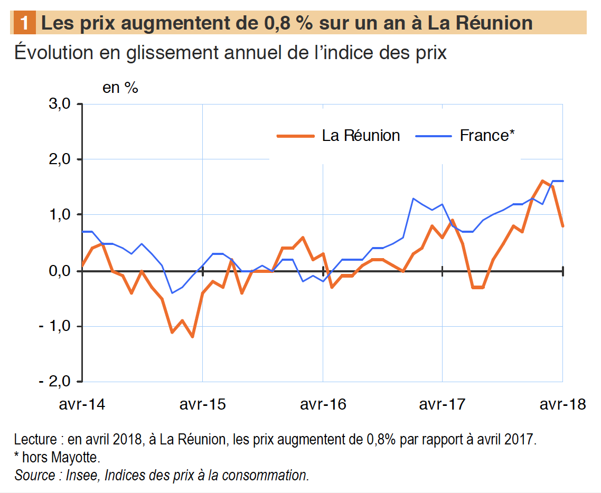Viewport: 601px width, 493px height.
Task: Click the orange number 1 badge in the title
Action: (24, 23)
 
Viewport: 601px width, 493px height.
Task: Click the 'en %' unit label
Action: (120, 88)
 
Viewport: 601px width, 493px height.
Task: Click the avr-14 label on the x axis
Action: (82, 404)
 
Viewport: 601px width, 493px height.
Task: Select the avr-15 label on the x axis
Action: (203, 404)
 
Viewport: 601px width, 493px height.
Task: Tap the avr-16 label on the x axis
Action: (323, 404)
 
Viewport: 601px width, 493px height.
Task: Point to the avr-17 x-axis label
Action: (443, 404)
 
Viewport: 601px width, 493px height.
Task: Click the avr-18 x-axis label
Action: (562, 404)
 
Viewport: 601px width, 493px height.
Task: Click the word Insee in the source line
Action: (80, 475)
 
